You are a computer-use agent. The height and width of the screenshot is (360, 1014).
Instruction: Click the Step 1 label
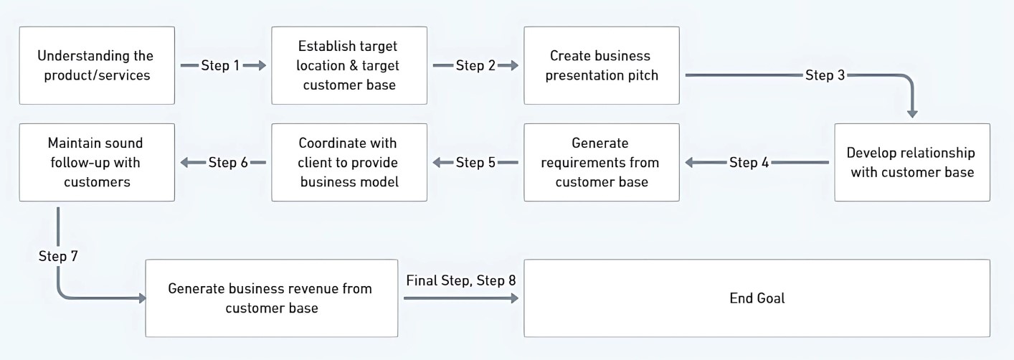(220, 66)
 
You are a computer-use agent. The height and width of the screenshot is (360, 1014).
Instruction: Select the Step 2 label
(475, 66)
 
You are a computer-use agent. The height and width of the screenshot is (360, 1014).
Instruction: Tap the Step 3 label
(825, 75)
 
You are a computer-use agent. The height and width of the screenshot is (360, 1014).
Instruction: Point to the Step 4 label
(749, 163)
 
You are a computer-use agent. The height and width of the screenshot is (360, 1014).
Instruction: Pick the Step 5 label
(475, 163)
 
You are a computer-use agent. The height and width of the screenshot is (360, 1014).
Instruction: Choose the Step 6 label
(228, 163)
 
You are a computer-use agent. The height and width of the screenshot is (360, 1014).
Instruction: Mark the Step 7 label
(58, 256)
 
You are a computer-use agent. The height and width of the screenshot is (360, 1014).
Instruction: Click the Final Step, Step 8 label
(461, 280)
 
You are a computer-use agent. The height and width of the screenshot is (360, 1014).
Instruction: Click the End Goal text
(757, 298)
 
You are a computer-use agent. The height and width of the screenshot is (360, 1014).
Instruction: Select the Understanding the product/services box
(97, 66)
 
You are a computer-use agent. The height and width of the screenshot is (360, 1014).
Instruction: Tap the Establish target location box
(349, 66)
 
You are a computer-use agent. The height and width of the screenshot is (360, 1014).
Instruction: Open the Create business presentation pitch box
(602, 66)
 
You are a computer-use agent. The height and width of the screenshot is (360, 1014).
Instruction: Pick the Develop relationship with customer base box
(912, 163)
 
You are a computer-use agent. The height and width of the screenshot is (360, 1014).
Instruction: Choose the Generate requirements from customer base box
(602, 163)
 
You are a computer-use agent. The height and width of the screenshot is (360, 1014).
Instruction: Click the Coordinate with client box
(349, 163)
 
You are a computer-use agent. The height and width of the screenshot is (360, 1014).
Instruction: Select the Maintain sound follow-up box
(97, 163)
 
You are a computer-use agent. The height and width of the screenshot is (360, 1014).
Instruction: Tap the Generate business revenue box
(272, 298)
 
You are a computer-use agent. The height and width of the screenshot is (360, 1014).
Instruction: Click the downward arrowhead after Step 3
(912, 113)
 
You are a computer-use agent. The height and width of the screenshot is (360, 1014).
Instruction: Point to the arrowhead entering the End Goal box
(514, 298)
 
